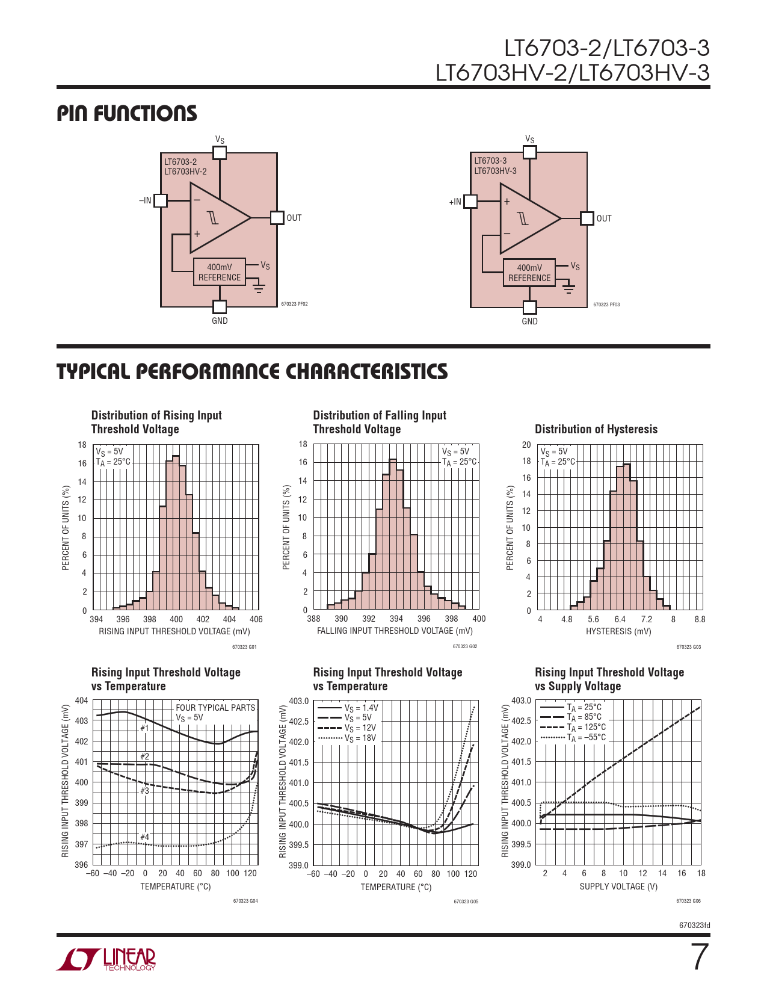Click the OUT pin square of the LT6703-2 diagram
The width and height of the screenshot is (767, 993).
click(x=277, y=218)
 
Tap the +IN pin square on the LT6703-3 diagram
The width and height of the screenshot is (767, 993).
click(x=470, y=202)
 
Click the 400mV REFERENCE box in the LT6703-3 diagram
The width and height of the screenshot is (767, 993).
click(x=529, y=273)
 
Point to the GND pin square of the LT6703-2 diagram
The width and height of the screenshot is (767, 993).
click(x=220, y=307)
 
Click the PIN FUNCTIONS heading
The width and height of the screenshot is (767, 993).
click(x=127, y=113)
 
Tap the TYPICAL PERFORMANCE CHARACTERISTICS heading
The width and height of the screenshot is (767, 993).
click(x=252, y=371)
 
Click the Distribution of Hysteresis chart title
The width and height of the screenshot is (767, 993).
click(x=596, y=429)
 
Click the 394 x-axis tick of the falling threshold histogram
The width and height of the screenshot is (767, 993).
click(x=396, y=619)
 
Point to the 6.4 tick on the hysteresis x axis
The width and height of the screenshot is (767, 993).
click(x=620, y=619)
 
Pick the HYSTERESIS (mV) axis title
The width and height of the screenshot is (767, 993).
click(x=618, y=631)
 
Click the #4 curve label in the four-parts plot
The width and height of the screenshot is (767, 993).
click(x=144, y=837)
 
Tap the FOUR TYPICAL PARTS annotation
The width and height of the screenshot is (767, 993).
click(x=215, y=708)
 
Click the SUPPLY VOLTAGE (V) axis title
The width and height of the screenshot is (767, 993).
click(x=618, y=886)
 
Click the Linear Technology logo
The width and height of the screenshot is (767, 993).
click(x=106, y=959)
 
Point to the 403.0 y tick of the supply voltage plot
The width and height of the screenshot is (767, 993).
click(x=521, y=701)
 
